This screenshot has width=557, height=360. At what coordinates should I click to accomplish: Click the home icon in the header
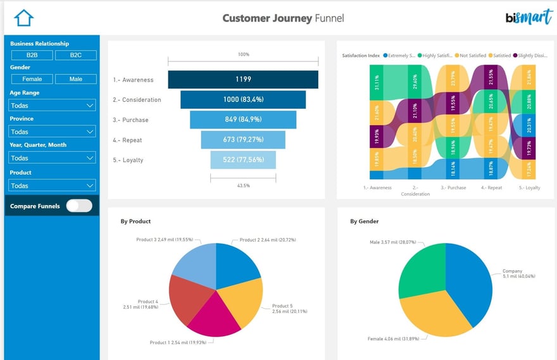click(x=23, y=18)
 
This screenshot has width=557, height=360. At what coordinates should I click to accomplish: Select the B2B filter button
click(x=32, y=55)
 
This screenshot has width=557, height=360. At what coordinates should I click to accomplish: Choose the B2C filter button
click(x=75, y=55)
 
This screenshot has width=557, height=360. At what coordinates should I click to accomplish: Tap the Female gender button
click(x=32, y=79)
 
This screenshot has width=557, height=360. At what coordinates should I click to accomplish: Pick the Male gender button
click(x=75, y=79)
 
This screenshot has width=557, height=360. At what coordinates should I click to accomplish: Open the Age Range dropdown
click(x=52, y=105)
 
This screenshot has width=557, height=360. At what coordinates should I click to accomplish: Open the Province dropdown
click(x=52, y=132)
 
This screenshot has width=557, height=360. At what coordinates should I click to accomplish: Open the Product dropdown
click(x=52, y=185)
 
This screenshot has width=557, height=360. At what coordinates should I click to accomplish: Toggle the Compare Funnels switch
click(x=79, y=206)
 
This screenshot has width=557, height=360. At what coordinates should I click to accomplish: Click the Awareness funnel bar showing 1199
click(x=243, y=80)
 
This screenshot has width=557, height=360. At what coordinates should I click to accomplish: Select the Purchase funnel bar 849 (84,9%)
click(x=243, y=120)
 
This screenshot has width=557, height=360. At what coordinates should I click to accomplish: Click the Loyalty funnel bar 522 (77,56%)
click(x=243, y=160)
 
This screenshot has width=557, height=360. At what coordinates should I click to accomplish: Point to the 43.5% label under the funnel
click(x=243, y=185)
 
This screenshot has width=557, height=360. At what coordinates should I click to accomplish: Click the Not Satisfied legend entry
click(x=472, y=56)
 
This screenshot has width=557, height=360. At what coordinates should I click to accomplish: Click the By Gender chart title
click(x=365, y=221)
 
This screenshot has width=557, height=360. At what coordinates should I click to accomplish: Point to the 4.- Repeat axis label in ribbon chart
click(x=491, y=188)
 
